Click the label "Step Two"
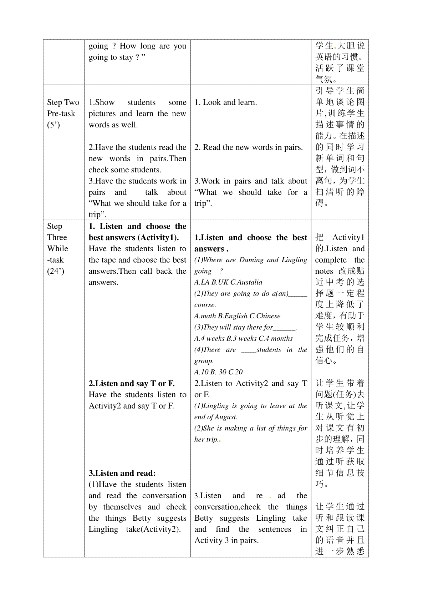[x=63, y=102]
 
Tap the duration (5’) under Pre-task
[x=53, y=125]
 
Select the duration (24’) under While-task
[x=56, y=271]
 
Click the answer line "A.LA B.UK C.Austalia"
[x=228, y=282]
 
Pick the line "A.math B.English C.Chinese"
[x=237, y=316]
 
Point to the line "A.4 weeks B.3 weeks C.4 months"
[x=243, y=338]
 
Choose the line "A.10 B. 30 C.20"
[x=218, y=372]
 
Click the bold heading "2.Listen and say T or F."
[x=132, y=384]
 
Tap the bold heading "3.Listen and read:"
[x=122, y=473]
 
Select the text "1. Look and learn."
[x=225, y=102]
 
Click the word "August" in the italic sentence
[x=226, y=417]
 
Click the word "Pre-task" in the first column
[x=61, y=113]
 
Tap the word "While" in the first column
[x=57, y=248]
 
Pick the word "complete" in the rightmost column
[x=331, y=260]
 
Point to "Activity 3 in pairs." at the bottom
[x=226, y=540]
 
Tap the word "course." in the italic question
[x=205, y=305]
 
